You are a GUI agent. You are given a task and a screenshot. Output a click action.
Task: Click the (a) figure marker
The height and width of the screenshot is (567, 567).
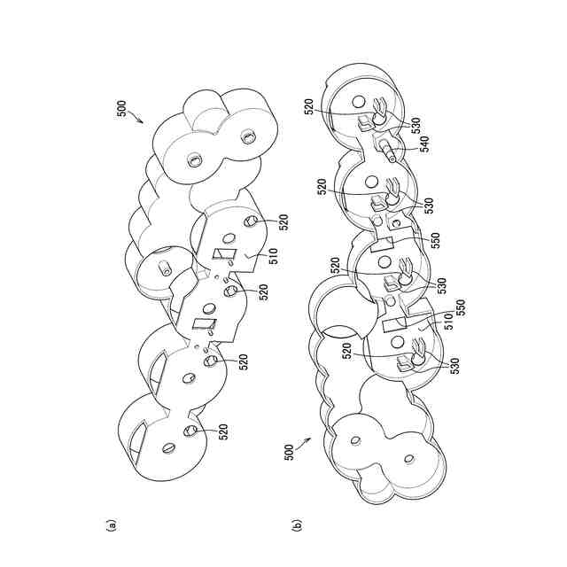(x=111, y=525)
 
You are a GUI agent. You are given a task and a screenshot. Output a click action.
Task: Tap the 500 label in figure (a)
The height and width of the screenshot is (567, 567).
(x=121, y=110)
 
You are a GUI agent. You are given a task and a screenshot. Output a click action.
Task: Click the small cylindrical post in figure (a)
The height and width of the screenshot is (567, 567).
(x=166, y=267)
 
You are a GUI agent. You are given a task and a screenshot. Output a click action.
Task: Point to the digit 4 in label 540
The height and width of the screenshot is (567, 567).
(x=422, y=148)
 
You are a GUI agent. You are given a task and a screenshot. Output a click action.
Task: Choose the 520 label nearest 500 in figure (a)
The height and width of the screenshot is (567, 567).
(x=284, y=221)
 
